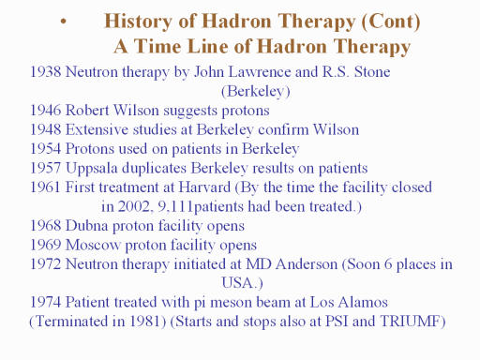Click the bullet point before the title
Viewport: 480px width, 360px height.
[64, 22]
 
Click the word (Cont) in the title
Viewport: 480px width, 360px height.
[391, 22]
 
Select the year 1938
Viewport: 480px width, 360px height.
[45, 72]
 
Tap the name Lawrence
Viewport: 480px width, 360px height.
[260, 72]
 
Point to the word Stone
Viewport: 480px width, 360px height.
[372, 72]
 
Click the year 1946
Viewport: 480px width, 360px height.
[45, 111]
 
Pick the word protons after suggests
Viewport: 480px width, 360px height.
[246, 112]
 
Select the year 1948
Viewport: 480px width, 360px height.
[45, 129]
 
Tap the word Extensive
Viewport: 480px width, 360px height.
[97, 129]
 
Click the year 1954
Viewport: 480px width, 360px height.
[45, 149]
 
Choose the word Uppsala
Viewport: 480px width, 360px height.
[92, 169]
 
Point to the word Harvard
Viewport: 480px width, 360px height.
[204, 187]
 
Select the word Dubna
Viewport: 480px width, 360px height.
[86, 226]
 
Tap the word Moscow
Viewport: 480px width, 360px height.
[93, 245]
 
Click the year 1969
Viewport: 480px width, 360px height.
[45, 245]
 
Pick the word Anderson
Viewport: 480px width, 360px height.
[307, 264]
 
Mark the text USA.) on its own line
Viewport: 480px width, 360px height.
[242, 283]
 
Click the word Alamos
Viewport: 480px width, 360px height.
[363, 302]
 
